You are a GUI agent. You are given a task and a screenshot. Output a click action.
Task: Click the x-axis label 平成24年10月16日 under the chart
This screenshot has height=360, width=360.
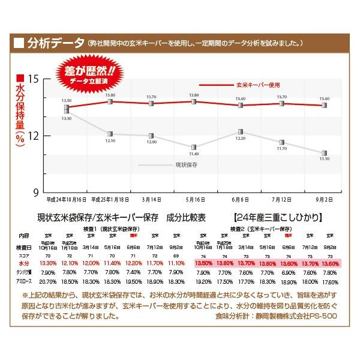click(67, 199)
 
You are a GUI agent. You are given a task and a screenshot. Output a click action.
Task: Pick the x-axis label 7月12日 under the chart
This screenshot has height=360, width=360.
click(282, 199)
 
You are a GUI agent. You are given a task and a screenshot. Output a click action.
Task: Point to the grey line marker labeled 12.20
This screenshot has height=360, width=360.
click(240, 131)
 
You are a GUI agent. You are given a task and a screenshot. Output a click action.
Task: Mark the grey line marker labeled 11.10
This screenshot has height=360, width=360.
click(325, 153)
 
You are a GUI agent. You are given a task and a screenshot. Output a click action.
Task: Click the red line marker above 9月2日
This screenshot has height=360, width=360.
click(325, 105)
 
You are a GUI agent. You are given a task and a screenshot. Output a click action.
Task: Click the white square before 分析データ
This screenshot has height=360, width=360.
click(19, 43)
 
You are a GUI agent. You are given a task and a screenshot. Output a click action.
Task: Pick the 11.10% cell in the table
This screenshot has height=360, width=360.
click(176, 263)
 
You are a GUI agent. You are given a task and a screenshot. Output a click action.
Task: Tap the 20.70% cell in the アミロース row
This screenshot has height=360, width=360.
click(47, 281)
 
